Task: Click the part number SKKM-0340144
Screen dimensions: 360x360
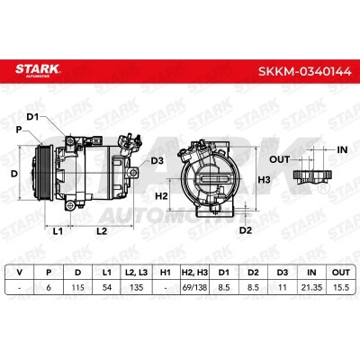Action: [305, 72]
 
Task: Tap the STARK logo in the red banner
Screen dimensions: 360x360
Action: [38, 70]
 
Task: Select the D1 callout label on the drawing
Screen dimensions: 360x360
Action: [33, 117]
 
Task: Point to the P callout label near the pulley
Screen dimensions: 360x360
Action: [19, 130]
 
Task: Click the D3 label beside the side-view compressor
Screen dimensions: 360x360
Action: [157, 161]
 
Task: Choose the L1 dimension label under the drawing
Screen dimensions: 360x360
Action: [58, 231]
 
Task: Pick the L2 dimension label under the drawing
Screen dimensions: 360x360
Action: [102, 231]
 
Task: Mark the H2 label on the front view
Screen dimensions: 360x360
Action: [161, 196]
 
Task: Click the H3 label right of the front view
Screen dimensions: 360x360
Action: [265, 180]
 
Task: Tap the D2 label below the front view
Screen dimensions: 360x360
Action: [246, 230]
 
